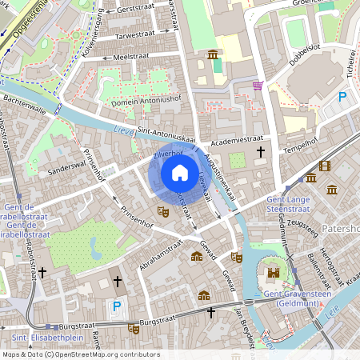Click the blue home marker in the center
pyautogui.click(x=179, y=174)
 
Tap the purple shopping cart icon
pyautogui.click(x=258, y=86)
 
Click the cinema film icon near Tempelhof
pyautogui.click(x=324, y=166)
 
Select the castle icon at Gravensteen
pyautogui.click(x=274, y=273)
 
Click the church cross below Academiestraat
pyautogui.click(x=260, y=151)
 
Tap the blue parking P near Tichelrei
pyautogui.click(x=343, y=97)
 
